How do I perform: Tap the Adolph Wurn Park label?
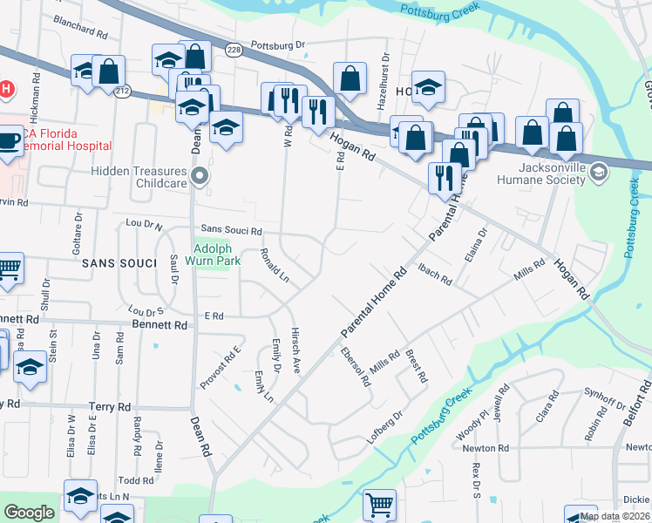[210, 254]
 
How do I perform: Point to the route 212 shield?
[123, 92]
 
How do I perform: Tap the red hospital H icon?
[6, 89]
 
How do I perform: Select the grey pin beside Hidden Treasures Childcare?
[200, 177]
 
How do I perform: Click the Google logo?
[29, 513]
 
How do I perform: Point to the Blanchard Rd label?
[80, 31]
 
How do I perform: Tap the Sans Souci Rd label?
[231, 231]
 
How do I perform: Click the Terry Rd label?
[110, 407]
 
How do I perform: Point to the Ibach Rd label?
[435, 274]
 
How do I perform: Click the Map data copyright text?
[615, 516]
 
